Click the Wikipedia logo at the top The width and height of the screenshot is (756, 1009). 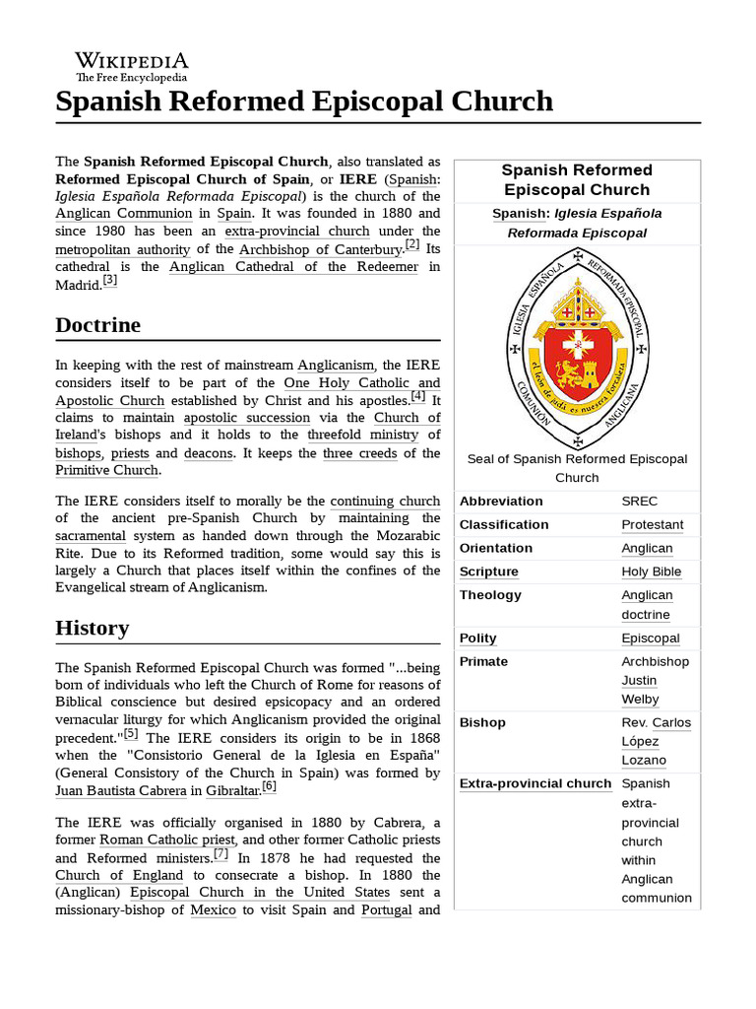(x=132, y=65)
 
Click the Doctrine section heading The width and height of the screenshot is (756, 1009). (x=97, y=325)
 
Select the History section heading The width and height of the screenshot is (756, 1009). (x=93, y=628)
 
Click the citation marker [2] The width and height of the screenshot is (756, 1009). (x=411, y=245)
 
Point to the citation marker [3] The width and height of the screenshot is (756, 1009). (x=109, y=280)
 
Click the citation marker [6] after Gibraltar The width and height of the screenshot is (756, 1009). (x=269, y=786)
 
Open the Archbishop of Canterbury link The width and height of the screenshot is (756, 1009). (x=321, y=249)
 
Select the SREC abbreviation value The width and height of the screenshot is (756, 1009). (x=641, y=502)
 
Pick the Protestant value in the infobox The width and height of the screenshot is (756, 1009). (x=652, y=525)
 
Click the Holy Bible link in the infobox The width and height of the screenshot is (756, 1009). (x=651, y=572)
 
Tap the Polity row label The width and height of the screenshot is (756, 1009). (x=478, y=639)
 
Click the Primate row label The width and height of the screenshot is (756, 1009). (x=483, y=662)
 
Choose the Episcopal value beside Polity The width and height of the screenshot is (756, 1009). (x=651, y=639)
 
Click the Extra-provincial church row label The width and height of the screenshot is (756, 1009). (x=535, y=784)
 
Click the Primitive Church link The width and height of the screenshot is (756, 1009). (x=106, y=471)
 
